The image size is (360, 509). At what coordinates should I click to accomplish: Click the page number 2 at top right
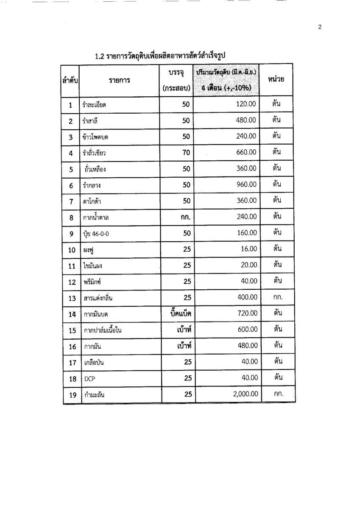click(320, 28)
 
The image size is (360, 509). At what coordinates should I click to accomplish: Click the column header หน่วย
click(276, 79)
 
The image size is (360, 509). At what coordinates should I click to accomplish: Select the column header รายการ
click(119, 80)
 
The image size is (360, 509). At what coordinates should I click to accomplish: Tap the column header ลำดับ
click(71, 80)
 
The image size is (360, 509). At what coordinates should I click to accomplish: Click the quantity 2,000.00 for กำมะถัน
click(246, 394)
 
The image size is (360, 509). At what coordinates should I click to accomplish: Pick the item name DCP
click(89, 378)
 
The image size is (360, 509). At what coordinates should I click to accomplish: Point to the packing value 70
click(186, 152)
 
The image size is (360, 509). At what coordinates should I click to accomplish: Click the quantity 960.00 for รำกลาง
click(246, 185)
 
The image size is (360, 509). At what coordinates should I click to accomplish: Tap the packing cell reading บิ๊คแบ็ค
click(178, 313)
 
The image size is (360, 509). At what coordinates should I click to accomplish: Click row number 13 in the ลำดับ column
click(72, 299)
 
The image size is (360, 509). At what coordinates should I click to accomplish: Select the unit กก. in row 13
click(278, 297)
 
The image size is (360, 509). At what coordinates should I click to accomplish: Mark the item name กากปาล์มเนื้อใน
click(103, 330)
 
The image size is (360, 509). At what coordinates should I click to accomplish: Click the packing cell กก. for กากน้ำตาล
click(184, 217)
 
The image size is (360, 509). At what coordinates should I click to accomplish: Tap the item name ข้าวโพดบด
click(97, 137)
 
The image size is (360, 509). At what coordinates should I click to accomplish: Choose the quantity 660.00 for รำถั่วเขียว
click(246, 152)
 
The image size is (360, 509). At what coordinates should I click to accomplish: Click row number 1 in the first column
click(71, 105)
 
